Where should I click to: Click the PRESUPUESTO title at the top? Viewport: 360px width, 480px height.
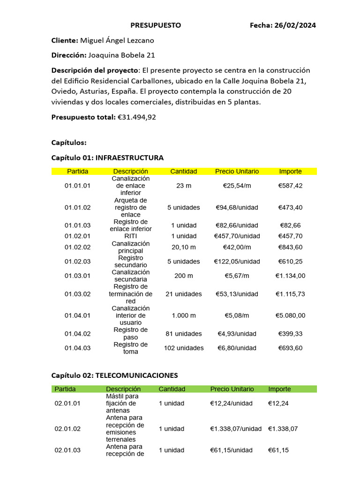click(x=155, y=25)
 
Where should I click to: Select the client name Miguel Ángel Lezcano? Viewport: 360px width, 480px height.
click(x=117, y=40)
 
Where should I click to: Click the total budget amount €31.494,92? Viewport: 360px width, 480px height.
click(x=136, y=117)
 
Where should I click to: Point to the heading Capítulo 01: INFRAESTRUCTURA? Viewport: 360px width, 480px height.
click(x=107, y=157)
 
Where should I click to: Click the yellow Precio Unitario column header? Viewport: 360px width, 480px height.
click(x=237, y=171)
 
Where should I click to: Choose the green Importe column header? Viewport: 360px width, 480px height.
click(x=279, y=389)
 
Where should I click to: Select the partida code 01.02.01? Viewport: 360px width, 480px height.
click(x=77, y=236)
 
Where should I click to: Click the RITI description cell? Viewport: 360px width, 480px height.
click(x=131, y=236)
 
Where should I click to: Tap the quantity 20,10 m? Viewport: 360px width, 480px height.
click(x=183, y=247)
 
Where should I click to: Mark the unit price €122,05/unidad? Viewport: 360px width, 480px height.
click(x=237, y=261)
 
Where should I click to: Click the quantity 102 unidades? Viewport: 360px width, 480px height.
click(x=183, y=348)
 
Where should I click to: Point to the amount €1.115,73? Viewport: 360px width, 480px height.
click(x=290, y=294)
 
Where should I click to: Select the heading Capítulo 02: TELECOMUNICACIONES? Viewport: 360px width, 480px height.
click(x=114, y=375)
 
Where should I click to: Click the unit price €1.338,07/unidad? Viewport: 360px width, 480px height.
click(x=236, y=428)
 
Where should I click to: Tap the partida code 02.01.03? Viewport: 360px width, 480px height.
click(x=67, y=450)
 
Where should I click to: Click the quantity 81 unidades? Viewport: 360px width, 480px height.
click(x=183, y=334)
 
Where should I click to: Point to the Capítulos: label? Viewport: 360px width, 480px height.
click(x=69, y=142)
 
